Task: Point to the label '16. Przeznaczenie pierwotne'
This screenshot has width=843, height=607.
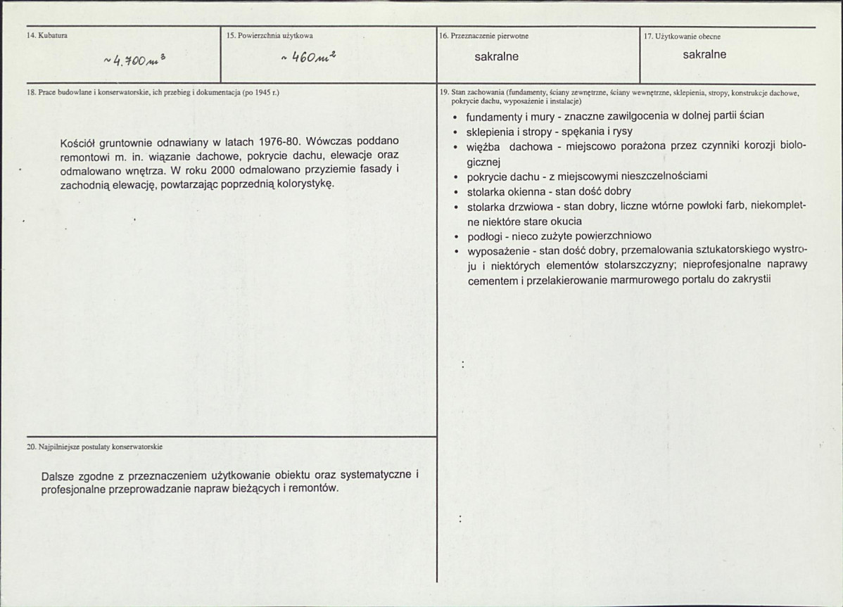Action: pyautogui.click(x=484, y=35)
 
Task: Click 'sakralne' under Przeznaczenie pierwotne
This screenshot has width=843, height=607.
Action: pyautogui.click(x=496, y=56)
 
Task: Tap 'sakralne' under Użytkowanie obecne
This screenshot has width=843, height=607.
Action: pyautogui.click(x=704, y=54)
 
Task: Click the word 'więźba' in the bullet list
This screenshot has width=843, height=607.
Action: pyautogui.click(x=483, y=146)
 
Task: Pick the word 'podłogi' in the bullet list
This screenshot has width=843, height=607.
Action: pyautogui.click(x=484, y=236)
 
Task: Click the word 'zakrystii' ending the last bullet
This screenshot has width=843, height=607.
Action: pyautogui.click(x=751, y=279)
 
